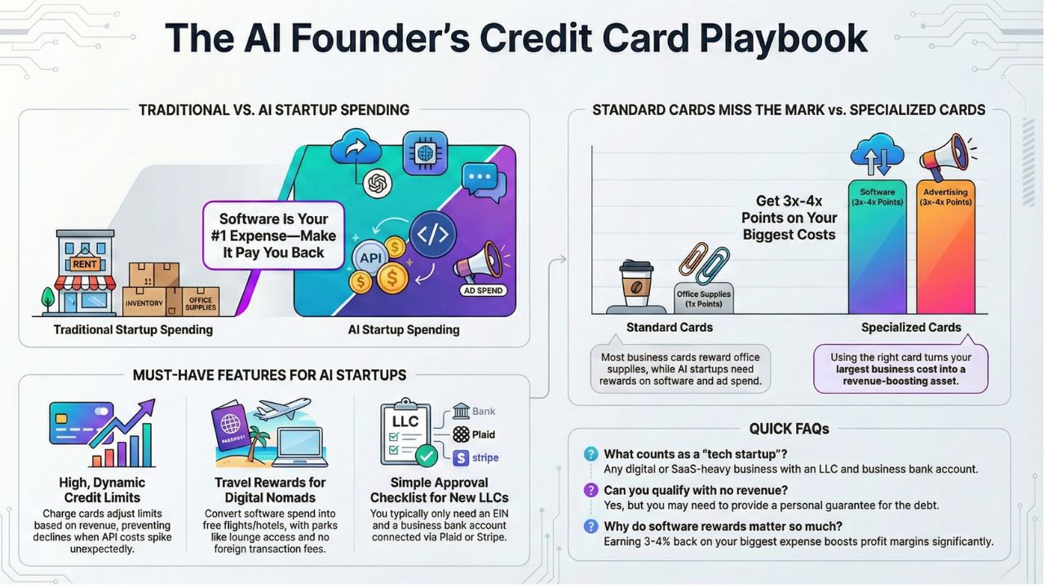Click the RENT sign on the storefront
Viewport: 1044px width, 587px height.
85,263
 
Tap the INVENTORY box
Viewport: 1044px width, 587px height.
144,302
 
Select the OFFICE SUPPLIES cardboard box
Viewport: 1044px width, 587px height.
200,303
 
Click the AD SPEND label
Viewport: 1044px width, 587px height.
483,290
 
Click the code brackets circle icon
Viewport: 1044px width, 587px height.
432,235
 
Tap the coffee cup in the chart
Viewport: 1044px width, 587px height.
635,285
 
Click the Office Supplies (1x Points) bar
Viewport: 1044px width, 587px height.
703,298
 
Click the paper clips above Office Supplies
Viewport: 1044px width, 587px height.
704,260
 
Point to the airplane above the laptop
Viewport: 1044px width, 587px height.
281,408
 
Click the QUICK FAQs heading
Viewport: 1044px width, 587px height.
789,429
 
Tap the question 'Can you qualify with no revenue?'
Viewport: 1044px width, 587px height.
696,490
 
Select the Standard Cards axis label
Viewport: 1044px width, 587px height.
669,327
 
